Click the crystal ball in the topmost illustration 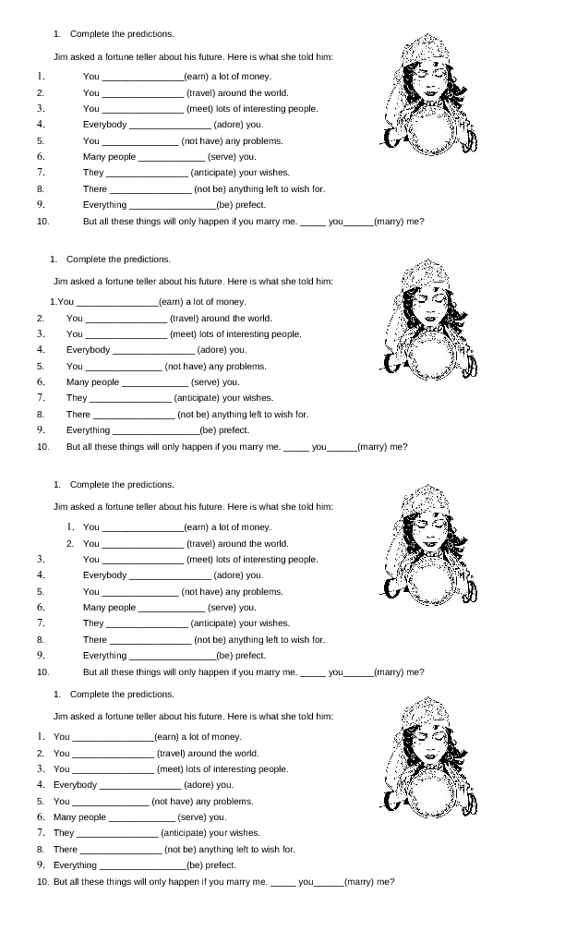(432, 131)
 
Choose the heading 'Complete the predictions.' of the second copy (118, 260)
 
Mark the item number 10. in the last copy (42, 882)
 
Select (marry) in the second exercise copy (372, 447)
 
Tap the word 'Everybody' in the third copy (104, 575)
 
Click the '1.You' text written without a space (61, 302)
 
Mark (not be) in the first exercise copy (209, 189)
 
